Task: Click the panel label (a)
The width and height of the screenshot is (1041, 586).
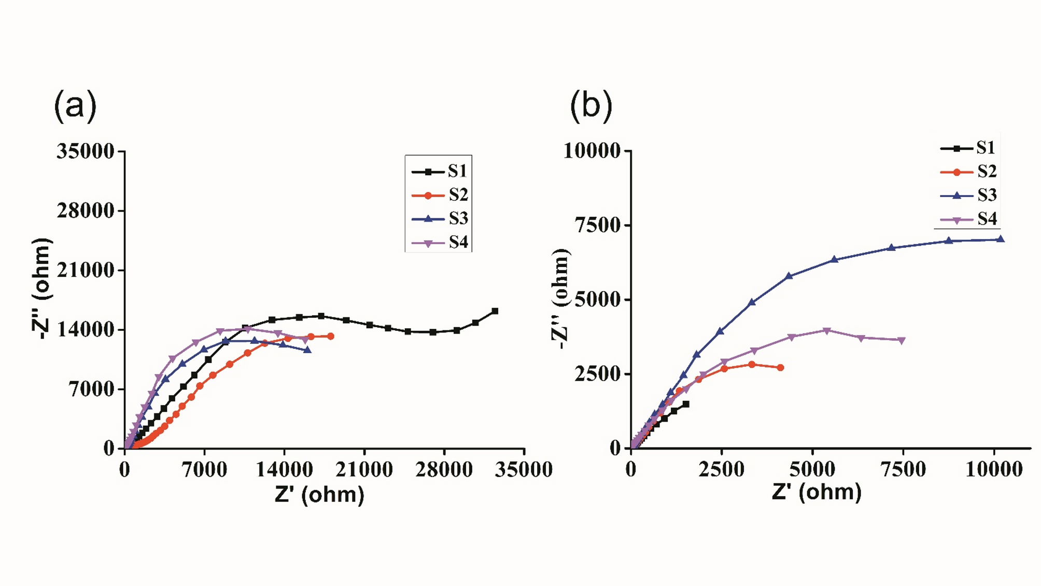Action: [75, 106]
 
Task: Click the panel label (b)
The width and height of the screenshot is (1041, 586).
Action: [591, 106]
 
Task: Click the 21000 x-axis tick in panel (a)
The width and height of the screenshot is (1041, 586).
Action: [364, 470]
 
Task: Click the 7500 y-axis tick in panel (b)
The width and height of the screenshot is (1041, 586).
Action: [598, 226]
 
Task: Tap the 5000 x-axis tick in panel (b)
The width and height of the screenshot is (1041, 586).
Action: [812, 469]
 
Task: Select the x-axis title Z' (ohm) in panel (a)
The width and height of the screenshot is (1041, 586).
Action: [319, 494]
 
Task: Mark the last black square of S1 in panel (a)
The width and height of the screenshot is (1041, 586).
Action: [495, 311]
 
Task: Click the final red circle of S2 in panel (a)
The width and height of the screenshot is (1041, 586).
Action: [331, 336]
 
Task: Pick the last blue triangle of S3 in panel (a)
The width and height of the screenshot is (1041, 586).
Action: [308, 350]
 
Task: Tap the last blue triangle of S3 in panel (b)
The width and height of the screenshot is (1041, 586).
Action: [1001, 239]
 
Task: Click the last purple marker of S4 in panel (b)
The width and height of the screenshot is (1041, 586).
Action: [902, 341]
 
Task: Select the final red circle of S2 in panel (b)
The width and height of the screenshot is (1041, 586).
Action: [781, 368]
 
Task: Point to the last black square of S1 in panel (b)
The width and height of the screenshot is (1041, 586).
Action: [686, 404]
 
